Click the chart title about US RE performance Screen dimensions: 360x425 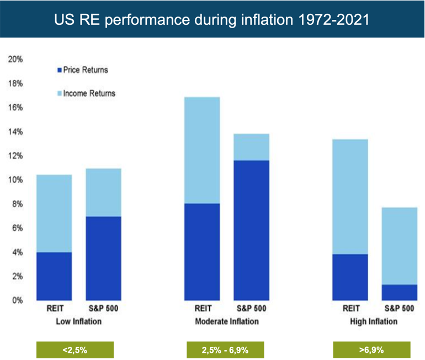tap(212, 19)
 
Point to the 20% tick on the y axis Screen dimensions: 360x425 tap(15, 59)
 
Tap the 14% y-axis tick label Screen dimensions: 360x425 tap(15, 131)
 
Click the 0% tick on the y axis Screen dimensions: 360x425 tap(17, 300)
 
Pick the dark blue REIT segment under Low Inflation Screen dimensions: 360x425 tap(54, 276)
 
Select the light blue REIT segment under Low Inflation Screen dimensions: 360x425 tap(54, 213)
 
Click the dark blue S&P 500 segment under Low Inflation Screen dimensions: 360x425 tap(103, 258)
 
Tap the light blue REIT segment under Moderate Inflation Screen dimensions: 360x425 tap(202, 150)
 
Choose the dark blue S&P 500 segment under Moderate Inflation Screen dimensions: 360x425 tap(251, 230)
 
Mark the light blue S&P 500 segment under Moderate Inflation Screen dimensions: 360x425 tap(251, 147)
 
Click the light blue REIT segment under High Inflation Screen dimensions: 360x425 tap(350, 197)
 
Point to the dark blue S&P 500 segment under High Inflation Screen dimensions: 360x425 tap(399, 292)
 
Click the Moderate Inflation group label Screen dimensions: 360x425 tap(226, 321)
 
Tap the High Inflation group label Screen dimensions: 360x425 tap(374, 321)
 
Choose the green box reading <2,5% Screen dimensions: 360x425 tap(75, 350)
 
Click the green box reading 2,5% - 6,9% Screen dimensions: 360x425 tap(226, 350)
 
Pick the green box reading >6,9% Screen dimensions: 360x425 tap(373, 350)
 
